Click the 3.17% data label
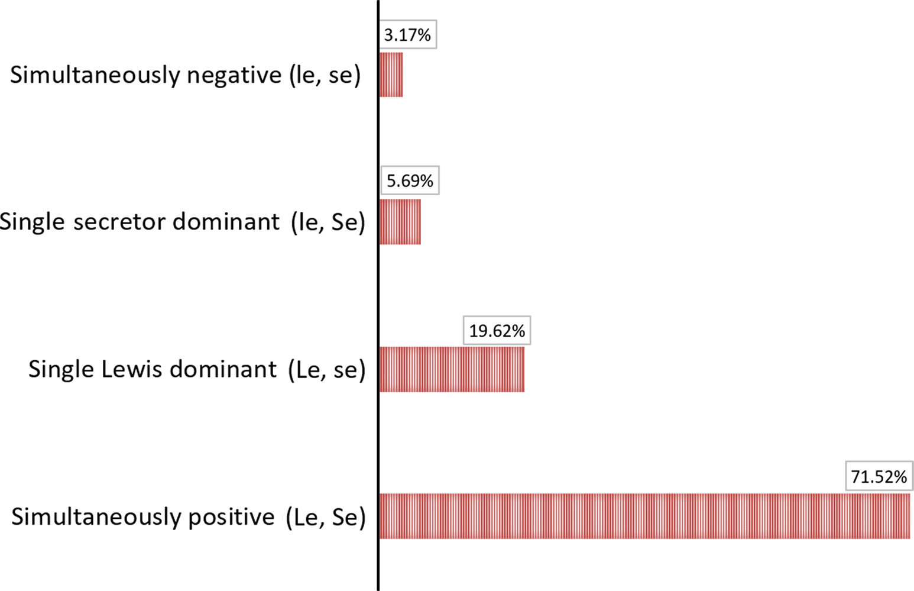point(407,35)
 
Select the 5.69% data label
point(410,180)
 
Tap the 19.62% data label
point(497,331)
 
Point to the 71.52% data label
point(879,476)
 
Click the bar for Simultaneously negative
point(391,75)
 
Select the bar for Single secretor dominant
point(400,221)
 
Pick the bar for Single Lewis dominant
point(452,369)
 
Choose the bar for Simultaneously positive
point(644,516)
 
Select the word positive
point(231,517)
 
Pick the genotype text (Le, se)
point(327,370)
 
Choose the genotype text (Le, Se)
point(326,517)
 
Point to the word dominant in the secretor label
point(226,222)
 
